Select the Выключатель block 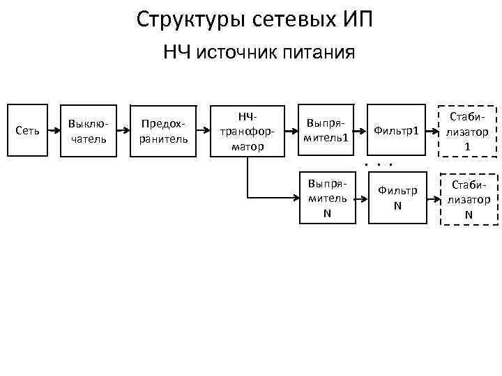89,130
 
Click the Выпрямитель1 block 326,130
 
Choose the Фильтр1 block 396,130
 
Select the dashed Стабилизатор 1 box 467,130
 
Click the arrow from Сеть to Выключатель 53,130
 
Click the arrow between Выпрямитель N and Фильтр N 361,198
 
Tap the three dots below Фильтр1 379,164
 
